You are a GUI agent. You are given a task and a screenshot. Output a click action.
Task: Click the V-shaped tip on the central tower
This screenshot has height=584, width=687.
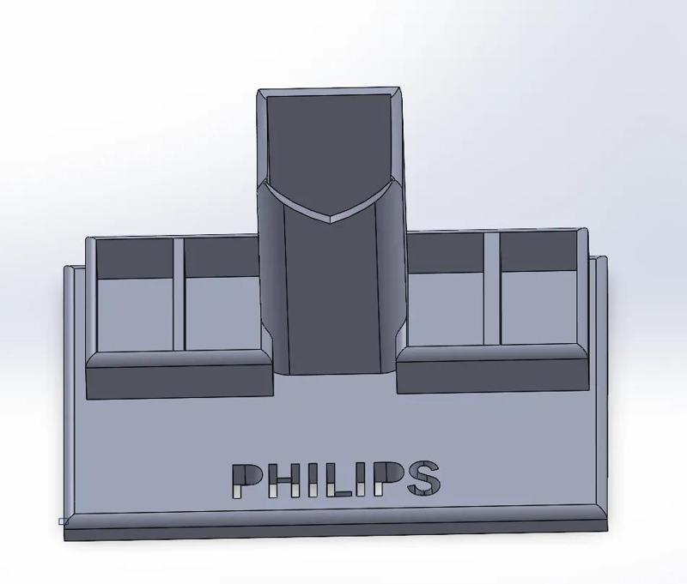click(331, 218)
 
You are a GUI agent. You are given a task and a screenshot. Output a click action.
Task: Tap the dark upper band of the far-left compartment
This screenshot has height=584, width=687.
click(135, 257)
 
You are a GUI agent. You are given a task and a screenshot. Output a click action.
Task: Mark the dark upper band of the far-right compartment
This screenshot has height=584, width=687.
click(538, 250)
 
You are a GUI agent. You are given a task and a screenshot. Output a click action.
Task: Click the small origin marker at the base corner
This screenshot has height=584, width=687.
click(63, 521)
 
